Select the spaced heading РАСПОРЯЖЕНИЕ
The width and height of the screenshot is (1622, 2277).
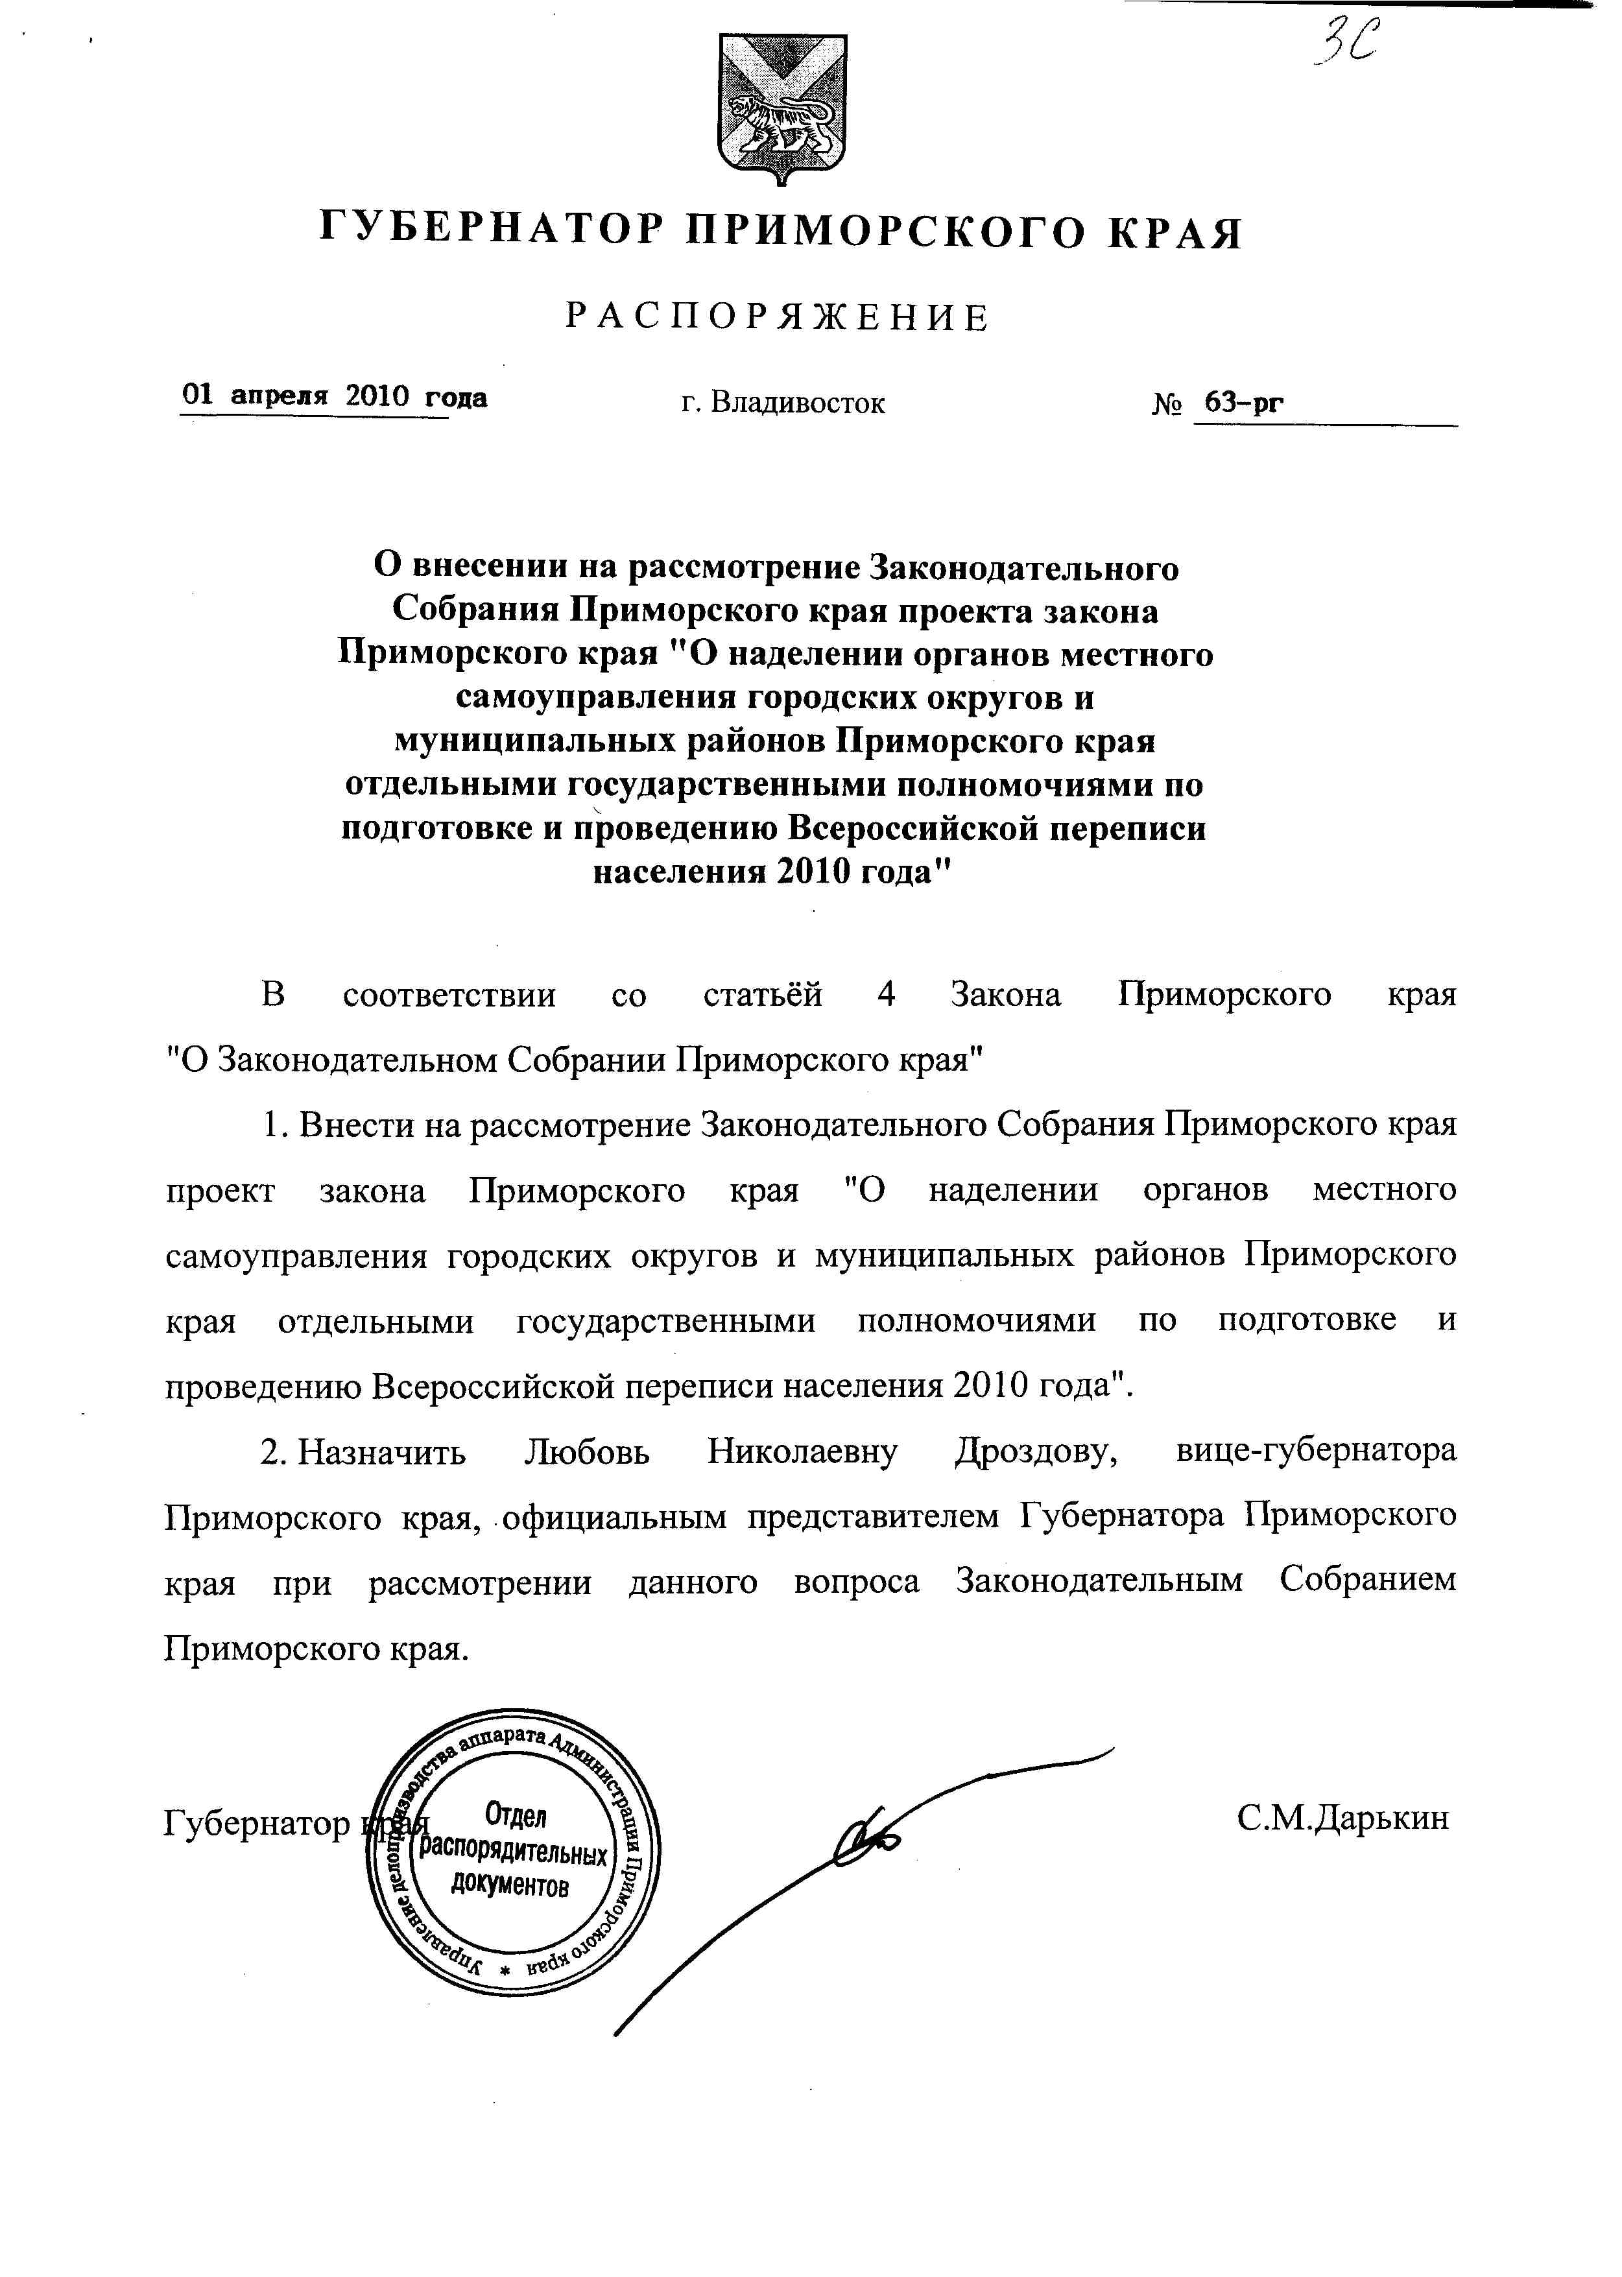coord(778,318)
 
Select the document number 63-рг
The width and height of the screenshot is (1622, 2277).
coord(1243,403)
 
